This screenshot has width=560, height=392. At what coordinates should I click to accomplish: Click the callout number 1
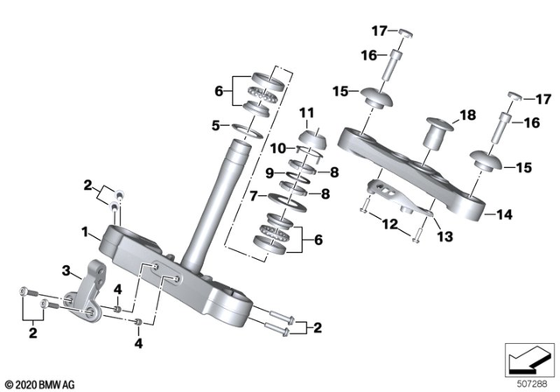(86, 233)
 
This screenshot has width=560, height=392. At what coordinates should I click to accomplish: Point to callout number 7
(254, 197)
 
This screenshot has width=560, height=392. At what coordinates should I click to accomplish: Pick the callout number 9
(270, 171)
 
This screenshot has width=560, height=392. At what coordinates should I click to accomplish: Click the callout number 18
(467, 115)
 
